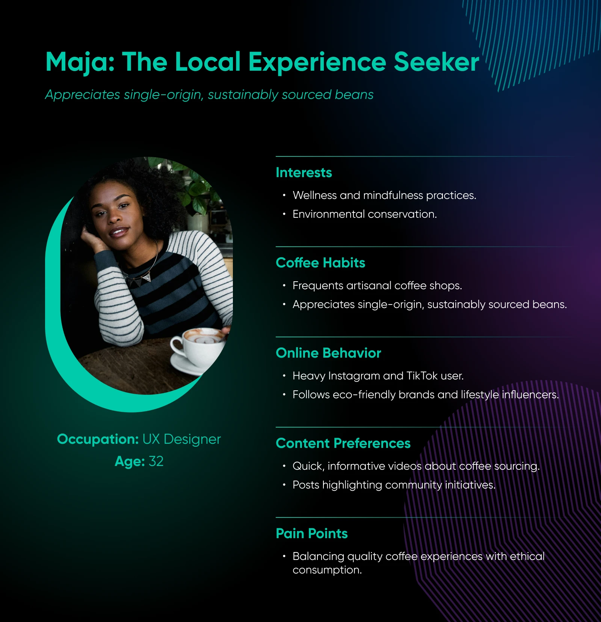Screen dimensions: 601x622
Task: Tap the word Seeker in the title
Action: pyautogui.click(x=436, y=62)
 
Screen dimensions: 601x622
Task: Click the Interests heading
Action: pyautogui.click(x=304, y=173)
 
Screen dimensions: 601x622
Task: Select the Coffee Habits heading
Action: pyautogui.click(x=320, y=263)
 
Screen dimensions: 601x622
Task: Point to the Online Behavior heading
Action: pyautogui.click(x=328, y=353)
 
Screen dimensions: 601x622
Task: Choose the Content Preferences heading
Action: pyautogui.click(x=343, y=443)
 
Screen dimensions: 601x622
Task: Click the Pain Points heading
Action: pyautogui.click(x=312, y=534)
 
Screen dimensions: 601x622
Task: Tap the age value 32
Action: pyautogui.click(x=156, y=461)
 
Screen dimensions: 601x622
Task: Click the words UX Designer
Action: pyautogui.click(x=181, y=439)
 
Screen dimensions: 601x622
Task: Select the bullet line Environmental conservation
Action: pyautogui.click(x=364, y=214)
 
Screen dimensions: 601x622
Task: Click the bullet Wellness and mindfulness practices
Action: pyautogui.click(x=384, y=196)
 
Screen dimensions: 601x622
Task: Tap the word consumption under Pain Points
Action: pyautogui.click(x=327, y=570)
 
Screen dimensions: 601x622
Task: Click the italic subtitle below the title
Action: pyautogui.click(x=209, y=95)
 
